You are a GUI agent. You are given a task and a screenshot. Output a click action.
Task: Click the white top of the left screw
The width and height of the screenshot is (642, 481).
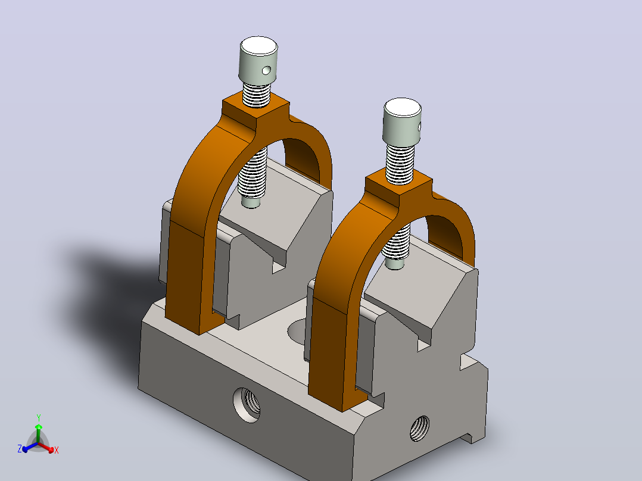pyautogui.click(x=258, y=46)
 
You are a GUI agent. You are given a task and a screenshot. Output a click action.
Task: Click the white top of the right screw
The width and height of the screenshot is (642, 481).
pyautogui.click(x=403, y=108)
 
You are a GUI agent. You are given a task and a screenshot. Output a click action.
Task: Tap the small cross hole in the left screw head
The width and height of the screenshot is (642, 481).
pyautogui.click(x=266, y=71)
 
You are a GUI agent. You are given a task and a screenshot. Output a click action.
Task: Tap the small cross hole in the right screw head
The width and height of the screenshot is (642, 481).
pyautogui.click(x=419, y=126)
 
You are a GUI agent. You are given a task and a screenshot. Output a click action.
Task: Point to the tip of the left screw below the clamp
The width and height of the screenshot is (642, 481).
pyautogui.click(x=251, y=202)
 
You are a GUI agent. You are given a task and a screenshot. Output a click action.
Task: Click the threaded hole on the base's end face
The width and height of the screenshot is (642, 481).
pyautogui.click(x=420, y=428)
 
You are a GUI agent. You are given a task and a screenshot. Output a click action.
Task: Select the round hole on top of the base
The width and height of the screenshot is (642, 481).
pyautogui.click(x=297, y=332)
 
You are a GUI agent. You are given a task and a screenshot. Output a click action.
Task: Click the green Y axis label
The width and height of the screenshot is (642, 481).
pyautogui.click(x=39, y=418)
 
